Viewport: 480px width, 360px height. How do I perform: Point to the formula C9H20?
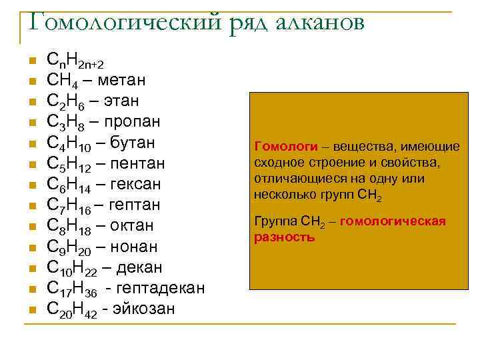67,247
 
